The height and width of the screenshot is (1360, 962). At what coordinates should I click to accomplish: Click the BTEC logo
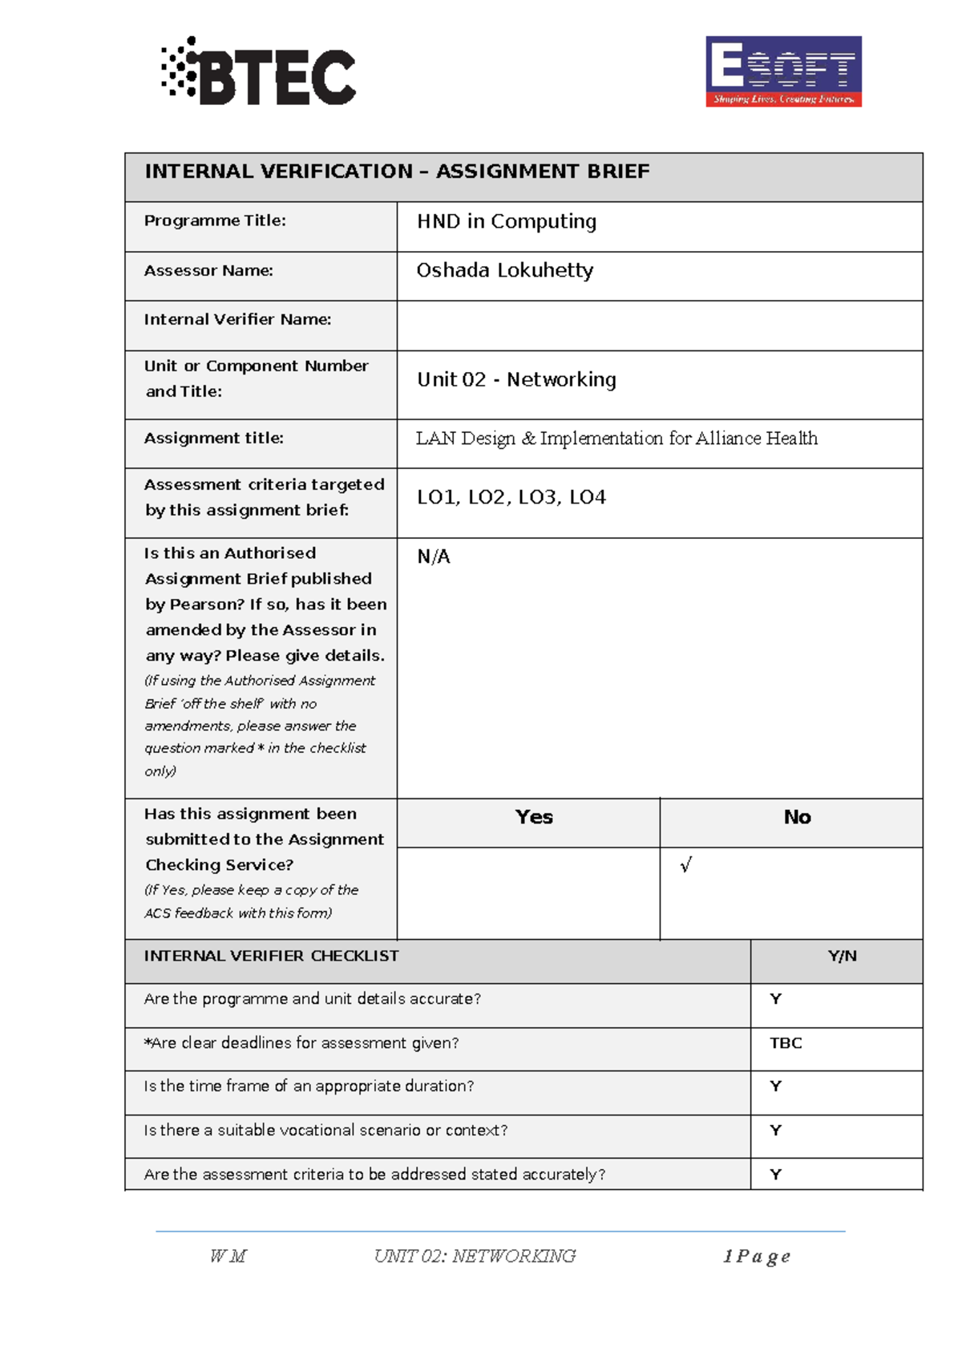coord(258,72)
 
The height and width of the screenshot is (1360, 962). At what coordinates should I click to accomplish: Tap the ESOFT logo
coord(783,71)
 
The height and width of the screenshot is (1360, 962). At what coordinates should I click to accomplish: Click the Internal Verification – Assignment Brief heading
coord(397,172)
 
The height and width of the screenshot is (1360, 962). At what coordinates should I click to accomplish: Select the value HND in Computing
coord(506,221)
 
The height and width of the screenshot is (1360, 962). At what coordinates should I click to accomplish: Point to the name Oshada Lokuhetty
coord(504,271)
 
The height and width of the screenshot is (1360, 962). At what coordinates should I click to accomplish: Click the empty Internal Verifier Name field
coord(659,326)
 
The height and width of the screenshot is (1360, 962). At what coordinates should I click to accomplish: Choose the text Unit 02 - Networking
coord(516,379)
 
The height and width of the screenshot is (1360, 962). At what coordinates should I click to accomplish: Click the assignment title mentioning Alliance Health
coord(616,439)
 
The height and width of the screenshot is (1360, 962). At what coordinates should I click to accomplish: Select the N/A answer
coord(433,557)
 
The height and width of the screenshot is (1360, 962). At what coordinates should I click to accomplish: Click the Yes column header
coord(534,817)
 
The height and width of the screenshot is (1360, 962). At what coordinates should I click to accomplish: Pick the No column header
coord(797,817)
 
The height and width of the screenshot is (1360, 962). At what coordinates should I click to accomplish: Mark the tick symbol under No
coord(685,865)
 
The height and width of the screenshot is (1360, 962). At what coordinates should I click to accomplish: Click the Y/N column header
coord(842,956)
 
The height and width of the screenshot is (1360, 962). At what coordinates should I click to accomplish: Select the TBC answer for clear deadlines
coord(786,1043)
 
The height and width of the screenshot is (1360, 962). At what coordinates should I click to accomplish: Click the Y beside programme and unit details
coord(775,999)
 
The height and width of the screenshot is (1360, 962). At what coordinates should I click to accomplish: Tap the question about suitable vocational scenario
coord(325,1131)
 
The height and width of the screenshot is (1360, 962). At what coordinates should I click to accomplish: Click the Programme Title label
coord(215,221)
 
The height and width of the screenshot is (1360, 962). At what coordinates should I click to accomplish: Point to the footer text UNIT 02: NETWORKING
coord(475,1257)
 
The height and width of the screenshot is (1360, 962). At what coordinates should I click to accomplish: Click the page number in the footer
coord(756,1257)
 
